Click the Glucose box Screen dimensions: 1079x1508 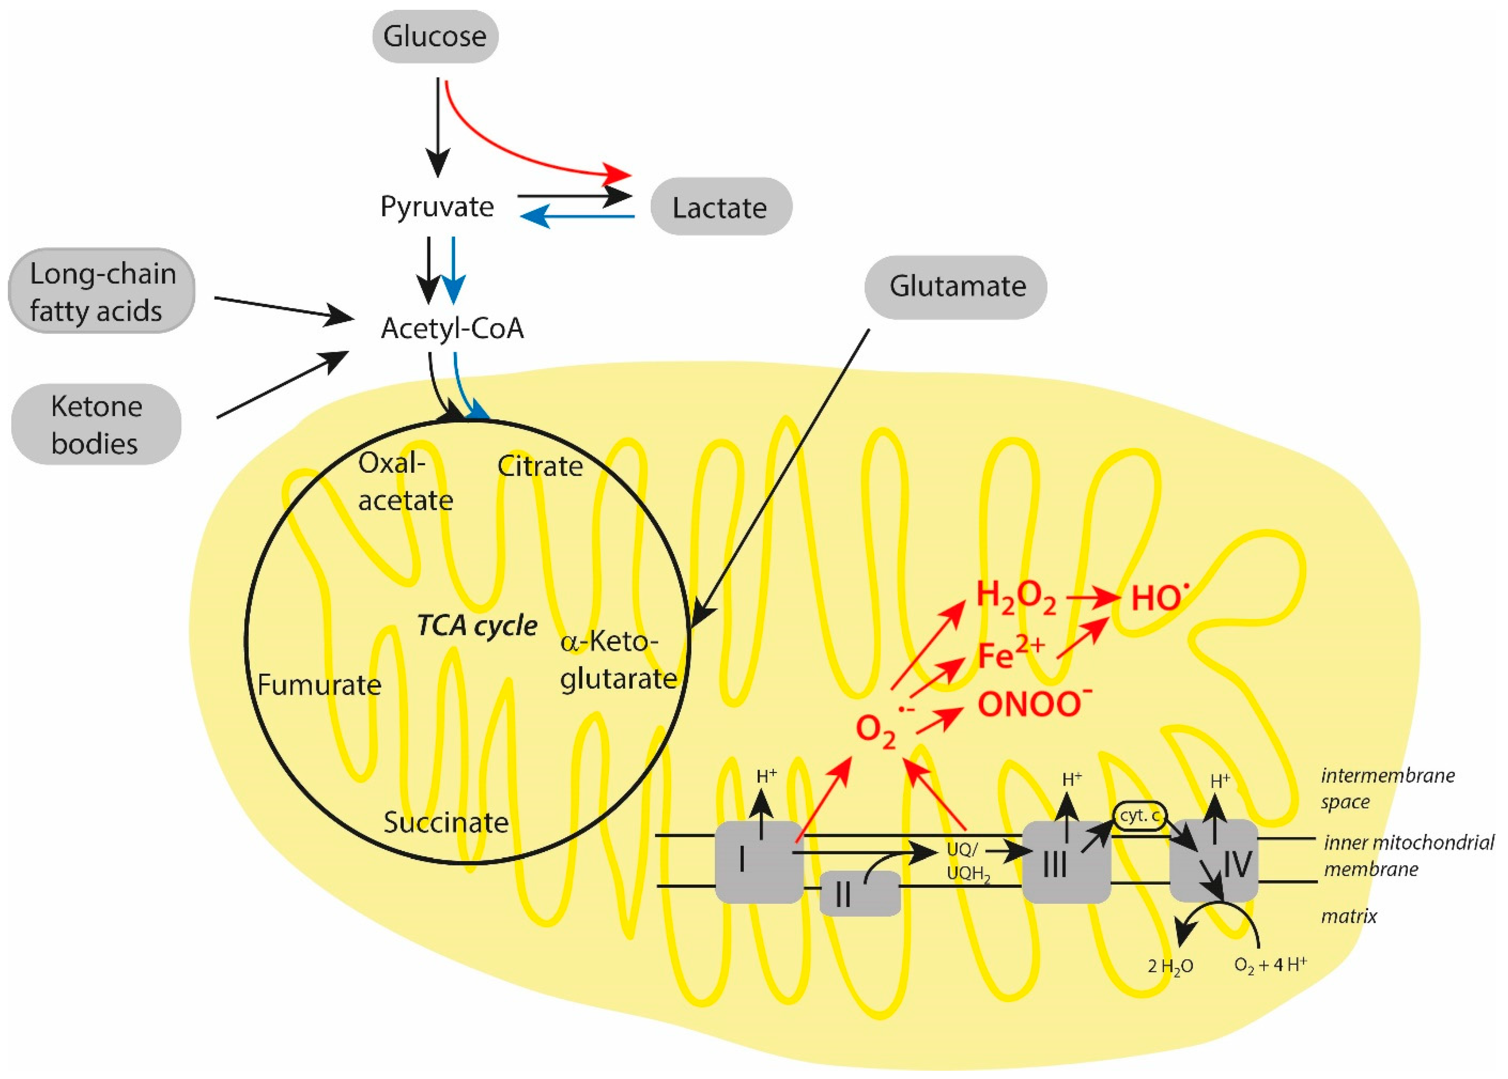[435, 37]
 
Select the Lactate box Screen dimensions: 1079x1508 [721, 207]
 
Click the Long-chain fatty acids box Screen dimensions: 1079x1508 [102, 292]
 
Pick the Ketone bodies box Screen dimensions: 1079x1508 [96, 424]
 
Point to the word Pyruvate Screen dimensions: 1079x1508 [436, 207]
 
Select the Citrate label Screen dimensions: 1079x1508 [540, 466]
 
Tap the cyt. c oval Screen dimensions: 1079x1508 [1138, 815]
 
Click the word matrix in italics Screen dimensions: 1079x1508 [1349, 917]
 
